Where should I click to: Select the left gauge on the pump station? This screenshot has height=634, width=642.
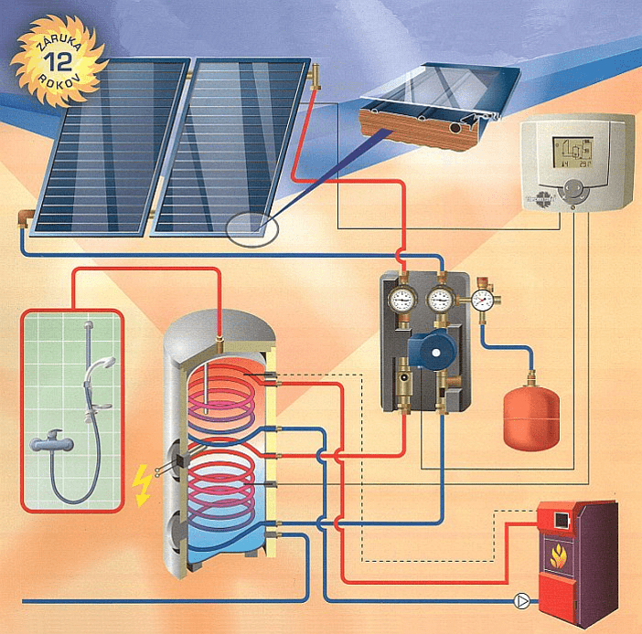[x=401, y=299]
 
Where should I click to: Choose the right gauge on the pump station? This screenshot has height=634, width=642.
[x=442, y=299]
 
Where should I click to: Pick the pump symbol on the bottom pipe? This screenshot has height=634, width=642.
[x=521, y=601]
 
